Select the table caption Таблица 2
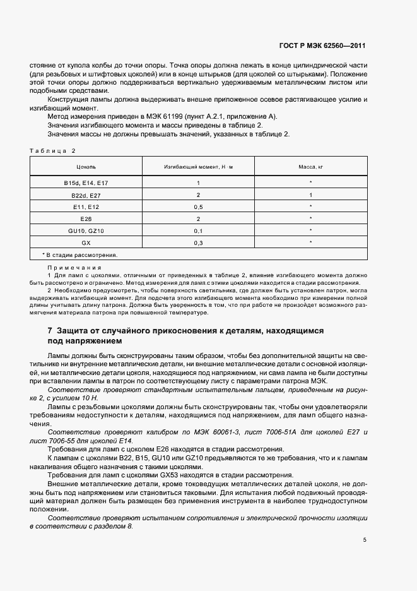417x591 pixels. click(x=52, y=150)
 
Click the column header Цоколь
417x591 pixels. click(x=86, y=167)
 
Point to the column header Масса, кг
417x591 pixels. click(x=311, y=167)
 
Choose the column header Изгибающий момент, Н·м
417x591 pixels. click(x=198, y=167)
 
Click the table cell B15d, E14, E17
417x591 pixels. click(x=86, y=182)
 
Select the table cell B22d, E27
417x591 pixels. click(x=86, y=194)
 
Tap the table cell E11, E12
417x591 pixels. click(x=86, y=206)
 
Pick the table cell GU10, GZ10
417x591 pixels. click(x=86, y=230)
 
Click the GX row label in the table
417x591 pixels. click(x=86, y=242)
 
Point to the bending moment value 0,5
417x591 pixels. click(x=198, y=206)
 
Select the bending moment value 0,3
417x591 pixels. click(x=198, y=242)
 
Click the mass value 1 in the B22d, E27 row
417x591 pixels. click(x=311, y=194)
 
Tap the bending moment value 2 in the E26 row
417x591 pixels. click(x=198, y=218)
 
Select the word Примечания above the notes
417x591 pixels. click(x=70, y=268)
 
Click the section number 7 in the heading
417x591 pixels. click(x=50, y=331)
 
